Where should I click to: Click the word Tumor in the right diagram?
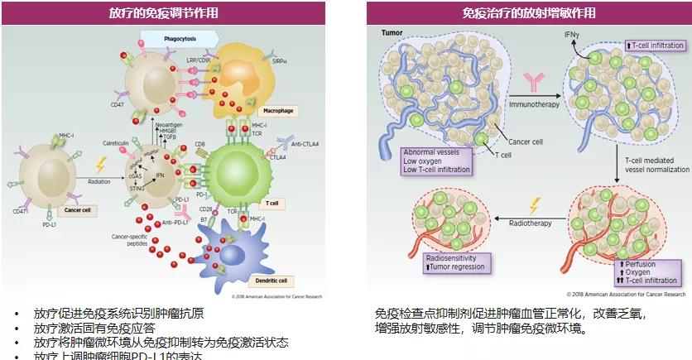point(392,32)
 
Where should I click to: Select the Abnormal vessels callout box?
point(436,161)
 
